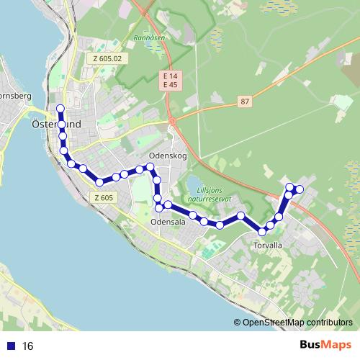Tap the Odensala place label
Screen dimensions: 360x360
pos(168,222)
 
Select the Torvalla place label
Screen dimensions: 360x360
pos(268,245)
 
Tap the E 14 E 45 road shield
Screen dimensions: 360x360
pos(171,81)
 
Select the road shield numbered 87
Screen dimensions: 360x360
pos(246,102)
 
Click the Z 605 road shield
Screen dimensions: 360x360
pos(103,198)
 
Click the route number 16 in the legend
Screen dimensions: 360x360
pos(28,346)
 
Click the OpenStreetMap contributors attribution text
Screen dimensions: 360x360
pos(297,323)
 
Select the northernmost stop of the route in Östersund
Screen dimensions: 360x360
pos(60,109)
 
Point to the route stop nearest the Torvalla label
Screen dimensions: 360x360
pos(263,232)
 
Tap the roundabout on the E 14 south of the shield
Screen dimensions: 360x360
pos(171,121)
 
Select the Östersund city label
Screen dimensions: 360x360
pos(56,125)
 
